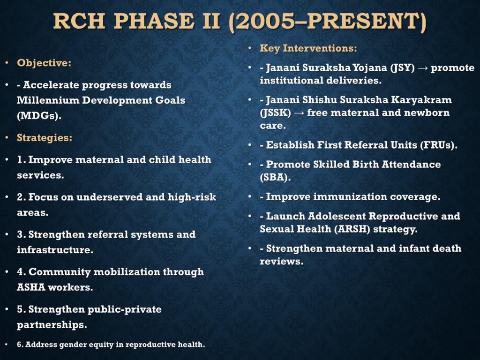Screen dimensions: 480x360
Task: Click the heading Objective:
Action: [44, 63]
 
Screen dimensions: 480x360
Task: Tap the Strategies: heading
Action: [45, 138]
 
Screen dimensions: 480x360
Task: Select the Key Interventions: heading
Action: [308, 48]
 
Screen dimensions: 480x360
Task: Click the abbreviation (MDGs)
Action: [39, 116]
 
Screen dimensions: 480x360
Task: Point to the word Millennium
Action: [48, 100]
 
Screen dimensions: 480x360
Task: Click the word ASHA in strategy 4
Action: [31, 287]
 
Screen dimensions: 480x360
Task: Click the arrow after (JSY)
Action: [423, 68]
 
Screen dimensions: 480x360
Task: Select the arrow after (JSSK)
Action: [299, 113]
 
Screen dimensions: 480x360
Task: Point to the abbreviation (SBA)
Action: [275, 177]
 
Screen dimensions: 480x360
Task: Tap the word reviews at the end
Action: [281, 261]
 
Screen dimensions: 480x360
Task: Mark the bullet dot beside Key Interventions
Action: [250, 48]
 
